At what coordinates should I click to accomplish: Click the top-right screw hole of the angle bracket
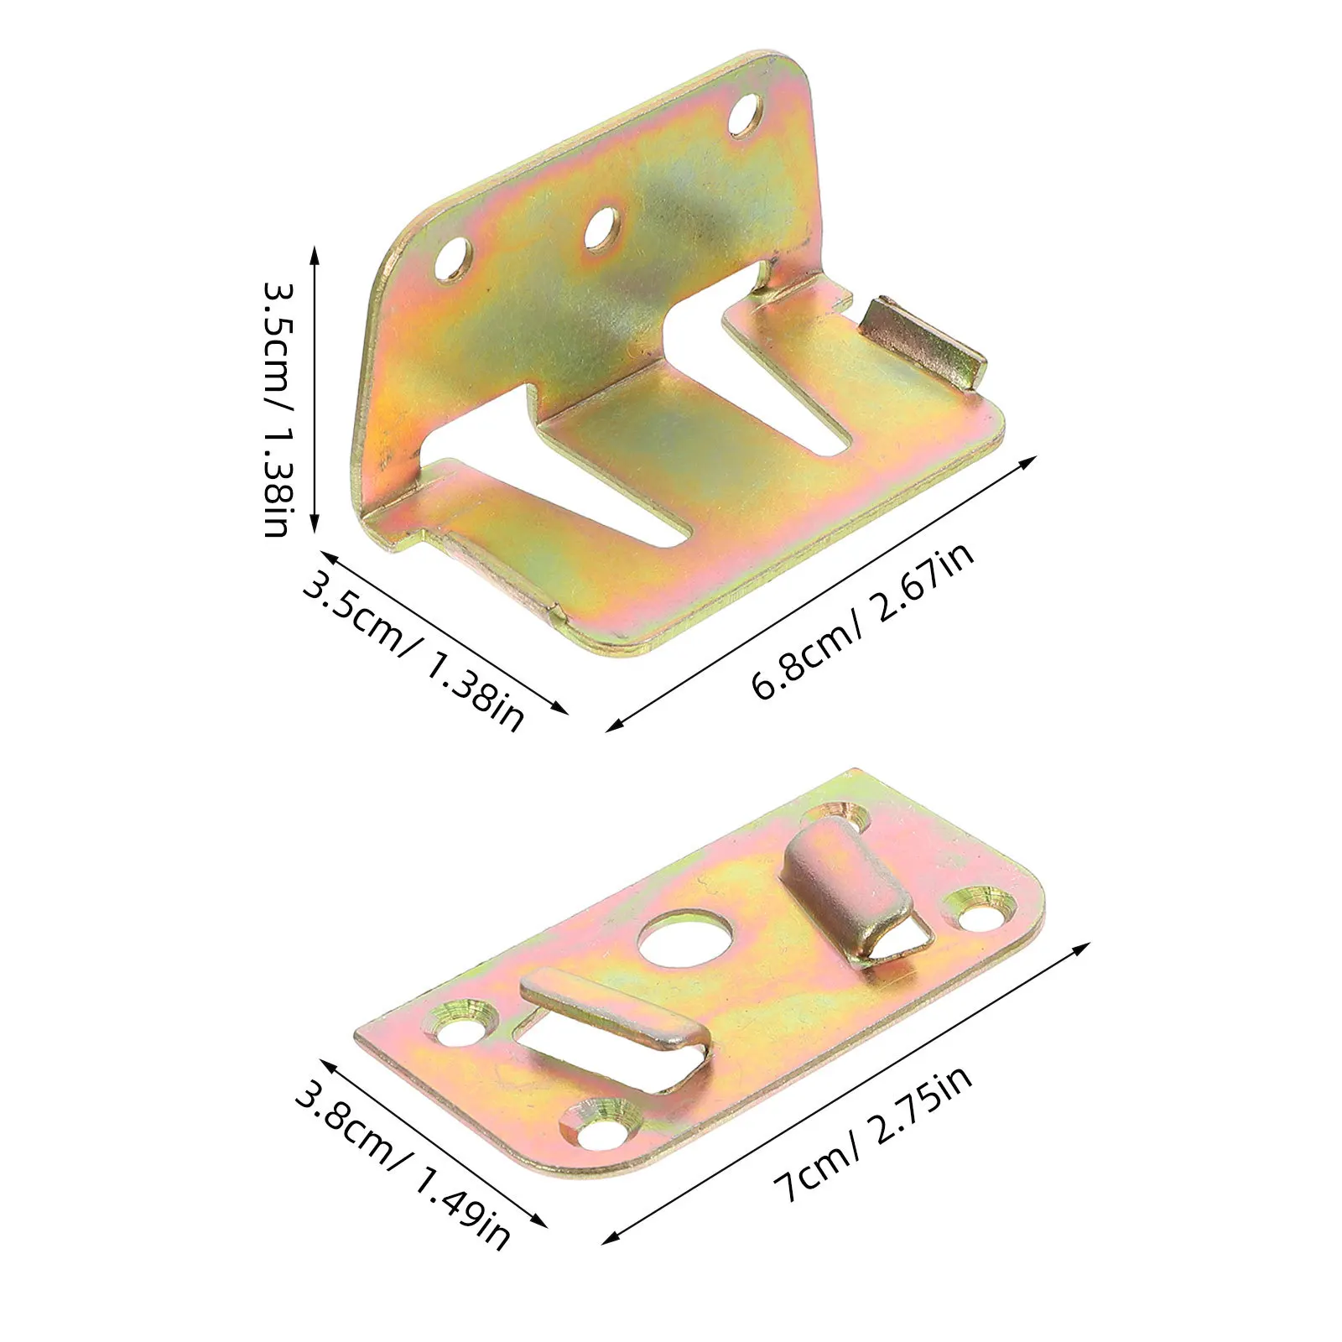[x=744, y=115]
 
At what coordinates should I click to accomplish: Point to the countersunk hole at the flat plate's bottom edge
[x=603, y=1129]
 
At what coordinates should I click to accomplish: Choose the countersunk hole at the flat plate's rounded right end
[x=978, y=910]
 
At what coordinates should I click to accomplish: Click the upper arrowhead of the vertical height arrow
[x=315, y=252]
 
